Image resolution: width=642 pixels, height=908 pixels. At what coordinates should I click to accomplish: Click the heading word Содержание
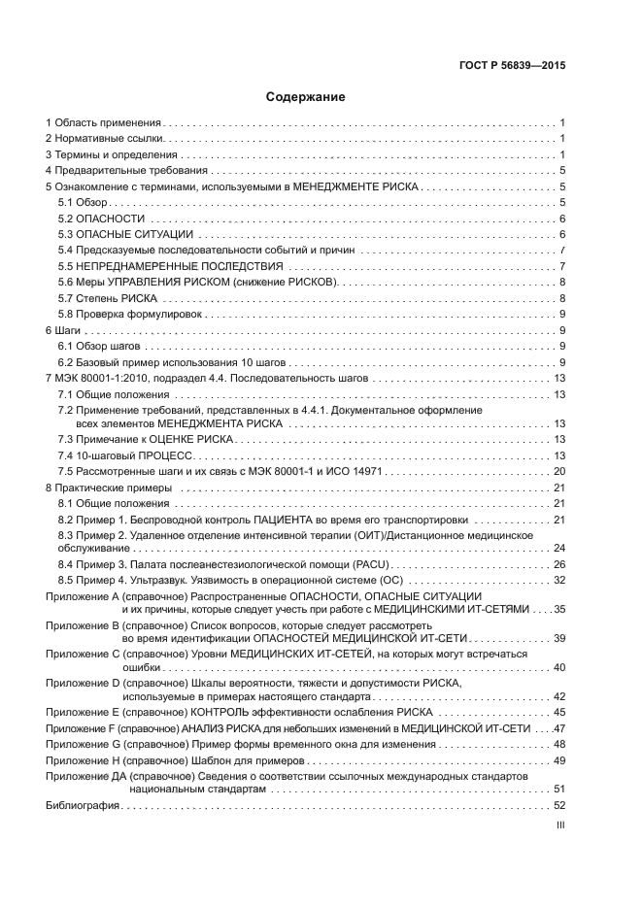pos(306,97)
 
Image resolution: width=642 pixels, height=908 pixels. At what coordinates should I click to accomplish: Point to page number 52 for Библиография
pos(559,806)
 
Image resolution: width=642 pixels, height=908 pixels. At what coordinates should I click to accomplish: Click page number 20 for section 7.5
pos(559,471)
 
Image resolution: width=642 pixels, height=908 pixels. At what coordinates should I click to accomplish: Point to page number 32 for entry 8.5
pos(559,580)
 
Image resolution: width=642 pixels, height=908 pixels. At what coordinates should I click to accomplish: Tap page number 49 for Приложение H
pos(559,759)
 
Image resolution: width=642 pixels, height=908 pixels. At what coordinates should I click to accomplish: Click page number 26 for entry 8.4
pos(559,564)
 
